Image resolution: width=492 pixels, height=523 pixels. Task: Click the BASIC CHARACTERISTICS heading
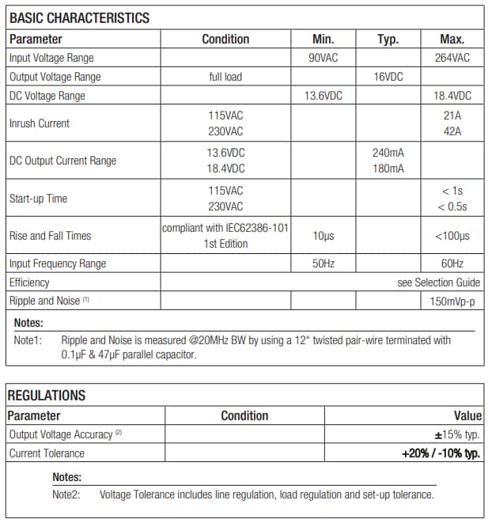[x=79, y=18]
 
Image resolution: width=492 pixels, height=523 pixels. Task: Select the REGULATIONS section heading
[x=47, y=396]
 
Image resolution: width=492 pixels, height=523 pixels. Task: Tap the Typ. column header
[x=388, y=40]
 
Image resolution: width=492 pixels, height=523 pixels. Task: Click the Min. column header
[x=323, y=40]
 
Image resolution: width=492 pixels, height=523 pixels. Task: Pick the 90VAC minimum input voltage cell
[x=323, y=58]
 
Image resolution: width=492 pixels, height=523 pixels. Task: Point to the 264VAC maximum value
[x=452, y=58]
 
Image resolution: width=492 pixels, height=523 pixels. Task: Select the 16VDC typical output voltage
[x=388, y=77]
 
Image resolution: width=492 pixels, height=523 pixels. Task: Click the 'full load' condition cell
[x=225, y=77]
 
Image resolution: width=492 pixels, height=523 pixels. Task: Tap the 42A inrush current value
[x=452, y=132]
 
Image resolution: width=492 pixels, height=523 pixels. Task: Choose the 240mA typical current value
[x=388, y=152]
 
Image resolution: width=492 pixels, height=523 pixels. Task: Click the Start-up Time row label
[x=38, y=199]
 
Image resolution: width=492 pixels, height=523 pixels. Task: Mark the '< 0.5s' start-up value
[x=452, y=207]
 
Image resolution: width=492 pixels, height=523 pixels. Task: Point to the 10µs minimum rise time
[x=323, y=236]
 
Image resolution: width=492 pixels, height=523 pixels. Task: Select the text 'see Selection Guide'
[x=438, y=282]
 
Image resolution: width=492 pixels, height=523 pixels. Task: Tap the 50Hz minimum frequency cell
[x=323, y=263]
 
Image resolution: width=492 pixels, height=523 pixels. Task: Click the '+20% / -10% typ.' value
[x=441, y=453]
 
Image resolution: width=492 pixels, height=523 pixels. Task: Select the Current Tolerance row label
[x=47, y=453]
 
